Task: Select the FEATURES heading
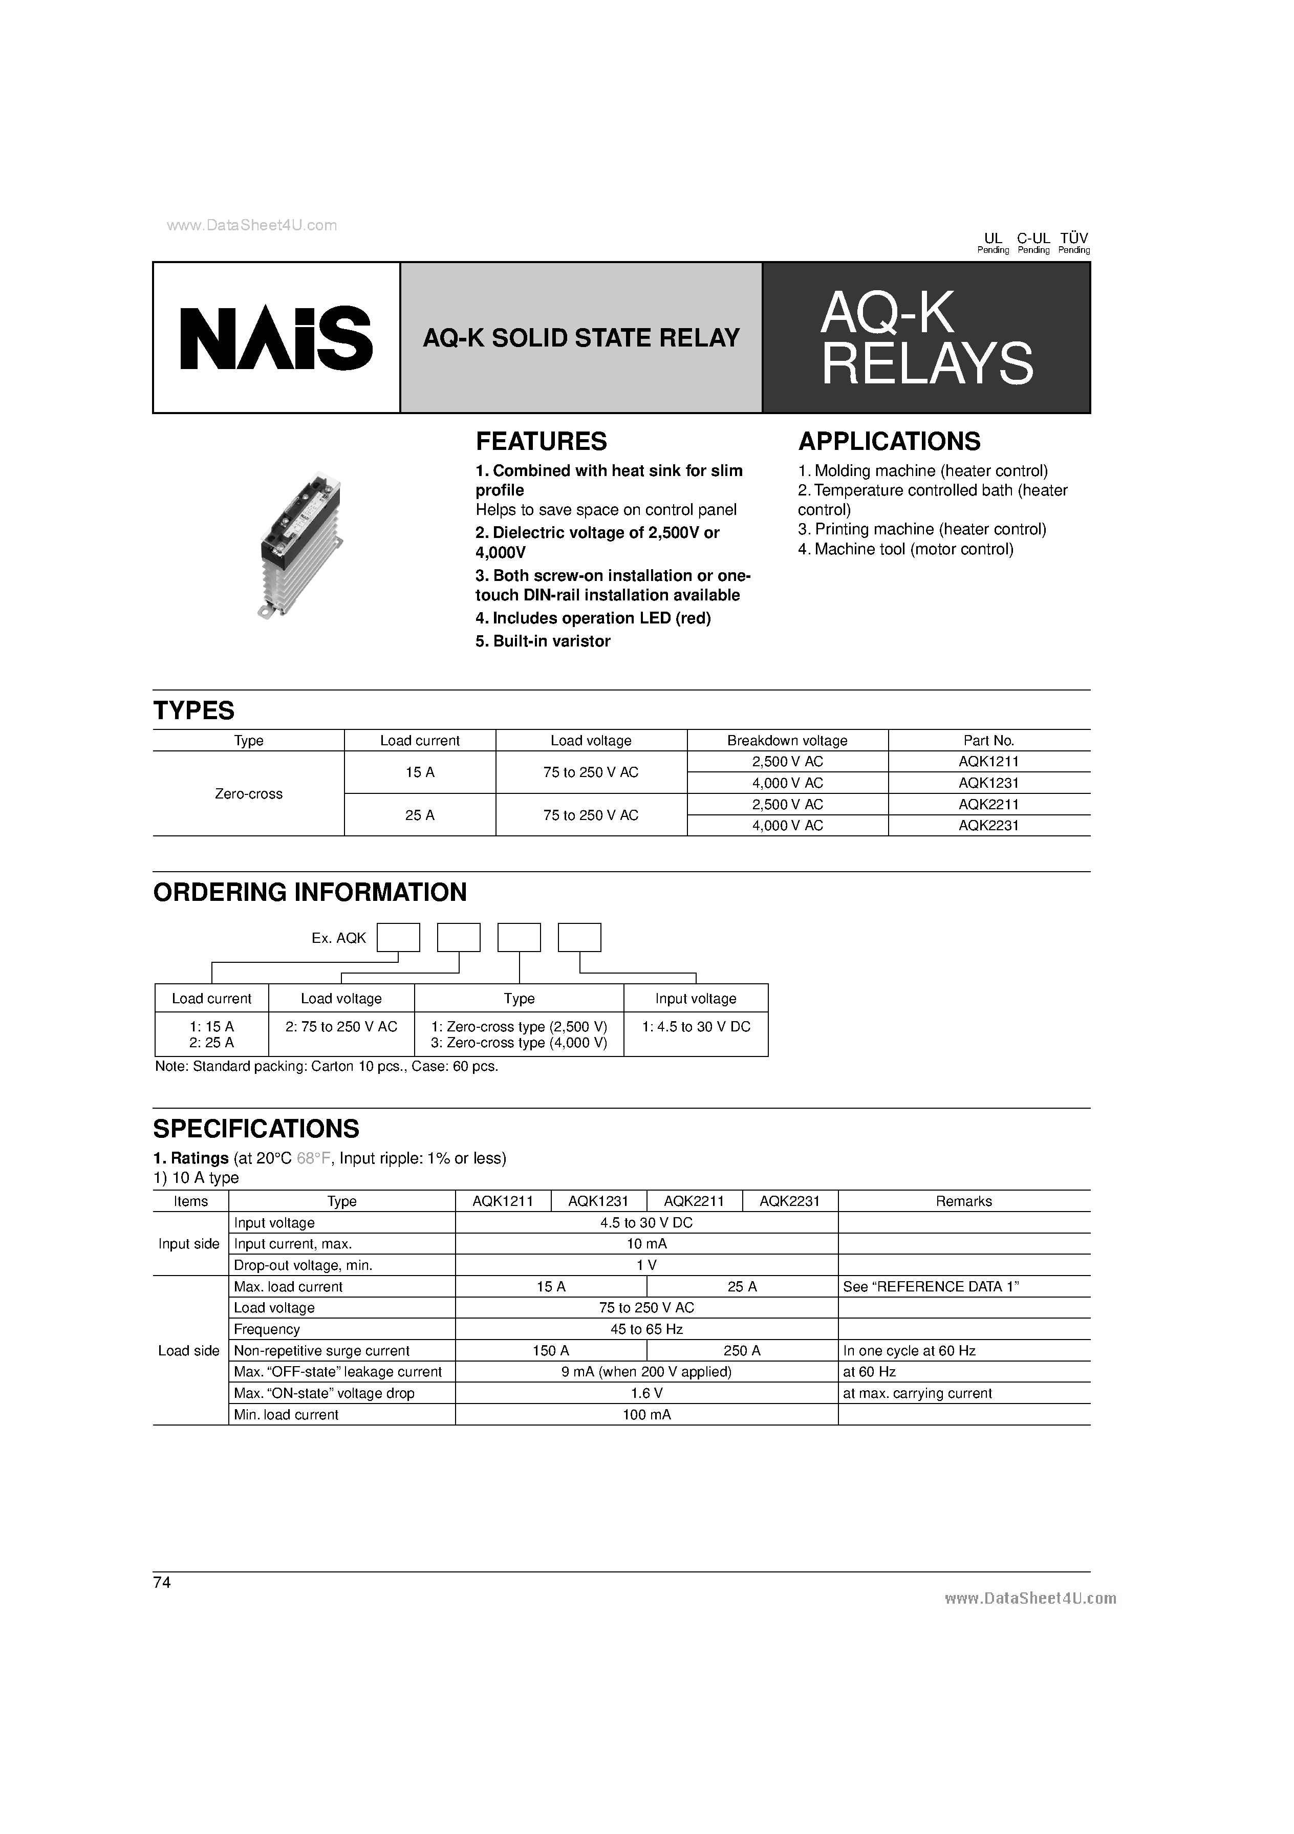541,441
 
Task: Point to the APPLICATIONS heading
889,441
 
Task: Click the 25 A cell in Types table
419,815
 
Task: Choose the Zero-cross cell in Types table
248,794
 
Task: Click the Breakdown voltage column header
787,741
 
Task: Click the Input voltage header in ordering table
695,999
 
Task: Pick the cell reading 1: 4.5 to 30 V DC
696,1026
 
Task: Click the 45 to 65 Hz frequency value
646,1329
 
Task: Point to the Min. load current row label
286,1415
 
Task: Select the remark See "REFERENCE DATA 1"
931,1287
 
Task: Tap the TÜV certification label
1073,238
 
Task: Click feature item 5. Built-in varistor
543,641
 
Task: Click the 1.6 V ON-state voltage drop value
646,1393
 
